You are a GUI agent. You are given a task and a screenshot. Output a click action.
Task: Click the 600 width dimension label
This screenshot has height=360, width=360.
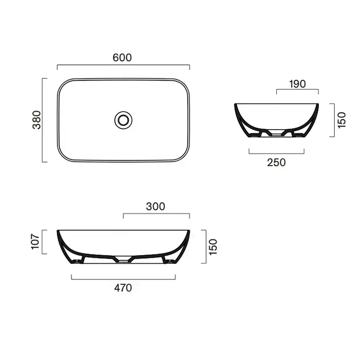click(x=122, y=58)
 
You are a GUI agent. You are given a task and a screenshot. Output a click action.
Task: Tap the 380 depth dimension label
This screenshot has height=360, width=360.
click(x=37, y=120)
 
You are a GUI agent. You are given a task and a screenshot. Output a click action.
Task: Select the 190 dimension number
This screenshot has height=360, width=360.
click(x=297, y=84)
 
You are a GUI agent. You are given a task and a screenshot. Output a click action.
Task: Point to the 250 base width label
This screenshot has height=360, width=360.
click(x=277, y=163)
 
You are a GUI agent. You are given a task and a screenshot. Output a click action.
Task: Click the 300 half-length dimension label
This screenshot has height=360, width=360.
click(x=155, y=207)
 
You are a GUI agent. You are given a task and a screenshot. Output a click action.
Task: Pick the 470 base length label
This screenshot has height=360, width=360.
click(x=123, y=288)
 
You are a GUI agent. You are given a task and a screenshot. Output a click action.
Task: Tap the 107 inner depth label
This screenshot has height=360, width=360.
click(x=35, y=242)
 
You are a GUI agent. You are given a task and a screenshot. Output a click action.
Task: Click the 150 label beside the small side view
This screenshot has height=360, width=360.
click(x=341, y=120)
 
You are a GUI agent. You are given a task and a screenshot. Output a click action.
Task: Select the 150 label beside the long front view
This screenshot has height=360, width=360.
click(x=213, y=247)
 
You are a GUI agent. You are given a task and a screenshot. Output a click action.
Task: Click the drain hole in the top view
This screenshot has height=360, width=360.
click(x=123, y=120)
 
